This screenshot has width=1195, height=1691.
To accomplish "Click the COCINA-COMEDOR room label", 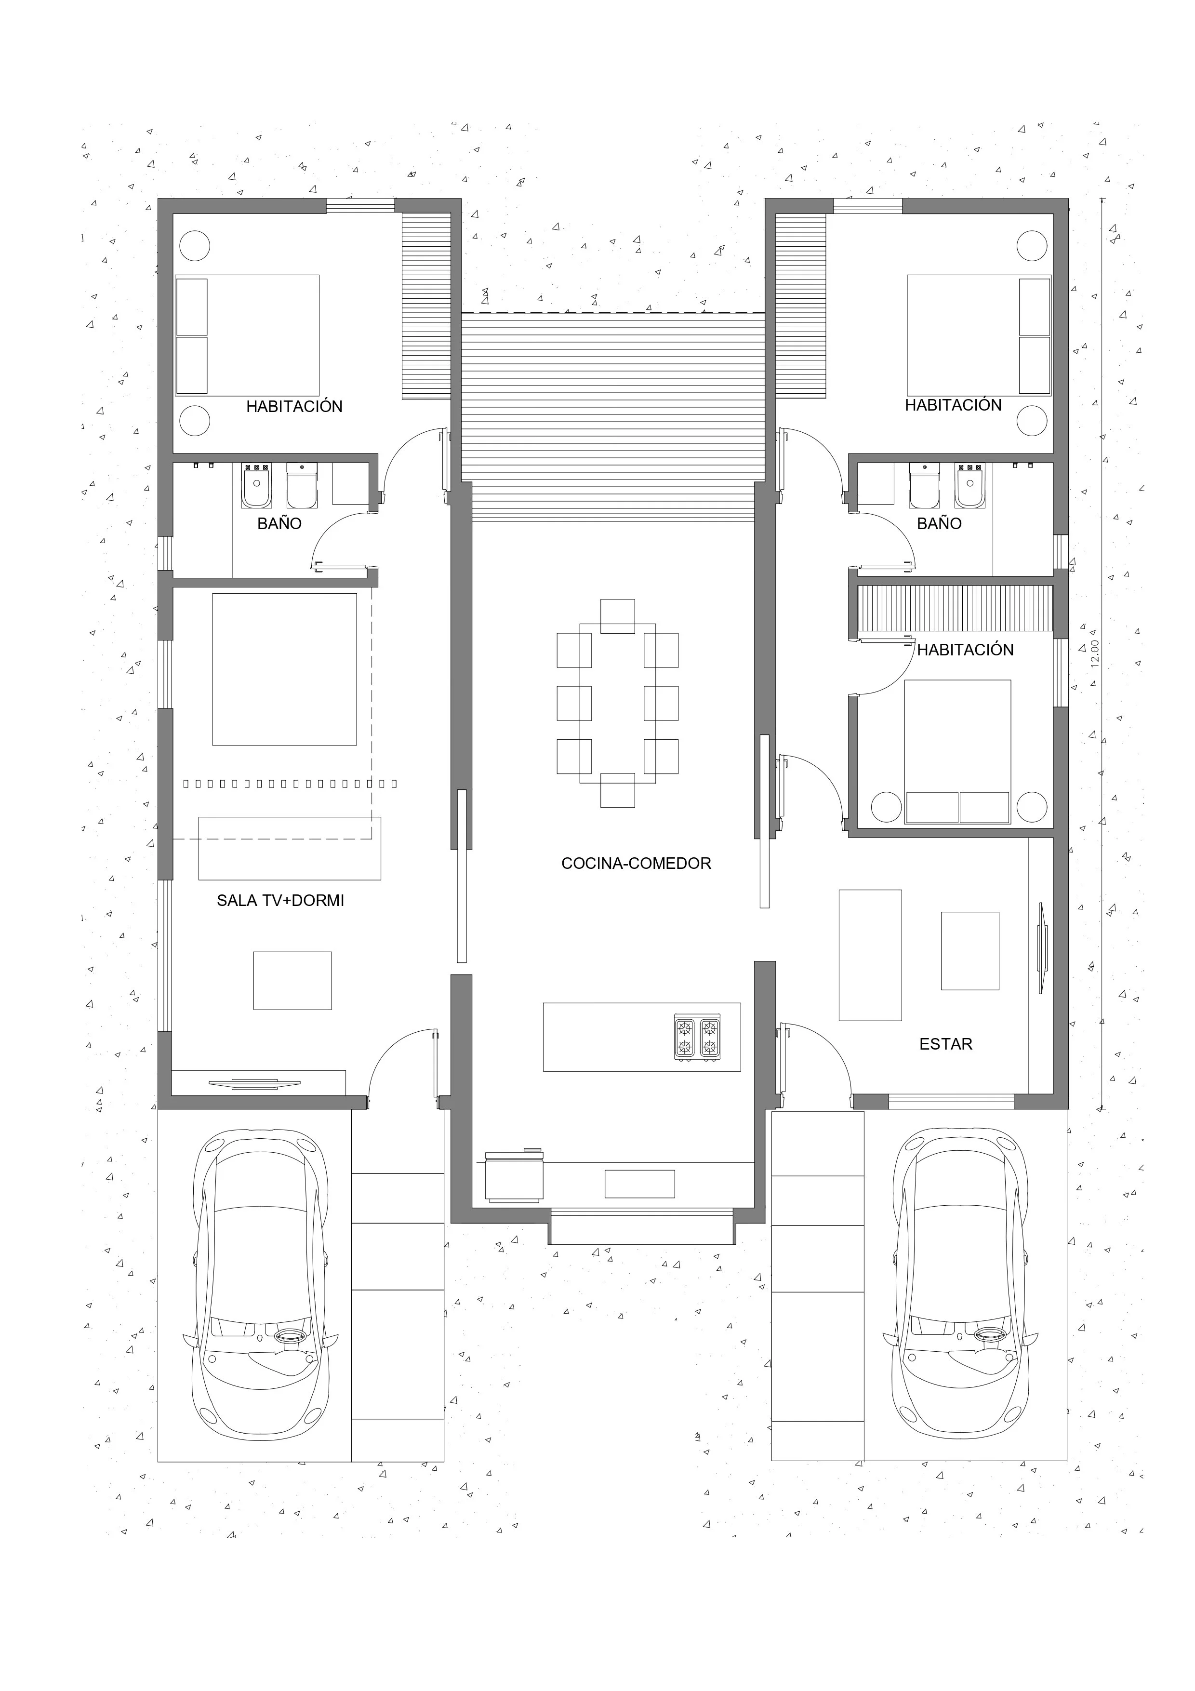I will tap(636, 863).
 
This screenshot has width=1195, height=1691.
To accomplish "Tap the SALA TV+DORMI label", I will tap(280, 900).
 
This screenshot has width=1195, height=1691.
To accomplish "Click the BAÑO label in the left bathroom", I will tap(279, 524).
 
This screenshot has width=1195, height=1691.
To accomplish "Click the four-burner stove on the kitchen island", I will tap(697, 1038).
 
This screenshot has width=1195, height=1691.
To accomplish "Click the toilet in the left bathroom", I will tap(301, 486).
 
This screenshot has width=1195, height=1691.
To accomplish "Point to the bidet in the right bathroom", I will tap(969, 486).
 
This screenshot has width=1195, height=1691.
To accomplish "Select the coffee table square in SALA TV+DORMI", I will tap(292, 980).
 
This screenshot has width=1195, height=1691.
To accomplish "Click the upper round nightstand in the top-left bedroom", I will tap(195, 245).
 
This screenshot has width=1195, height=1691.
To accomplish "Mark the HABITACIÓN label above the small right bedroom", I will tap(965, 650).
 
